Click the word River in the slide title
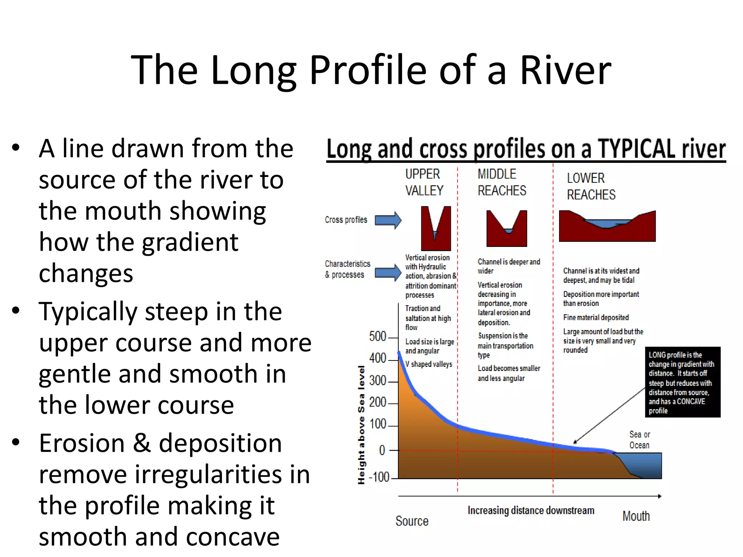[x=565, y=70]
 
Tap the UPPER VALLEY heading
[x=424, y=182]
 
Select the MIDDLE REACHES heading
[x=501, y=182]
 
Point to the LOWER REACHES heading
[x=591, y=186]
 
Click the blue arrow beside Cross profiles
[x=388, y=220]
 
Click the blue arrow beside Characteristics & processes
[x=388, y=272]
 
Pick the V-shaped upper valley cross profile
[x=436, y=228]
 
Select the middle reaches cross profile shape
[x=506, y=228]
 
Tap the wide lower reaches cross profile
[x=607, y=226]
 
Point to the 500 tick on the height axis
[x=378, y=337]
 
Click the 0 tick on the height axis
[x=382, y=450]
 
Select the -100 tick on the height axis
[x=379, y=477]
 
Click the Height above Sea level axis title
[x=361, y=425]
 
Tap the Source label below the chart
[x=412, y=521]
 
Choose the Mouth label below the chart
[x=636, y=516]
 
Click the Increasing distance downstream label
[x=530, y=511]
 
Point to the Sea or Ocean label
[x=639, y=440]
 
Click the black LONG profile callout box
[x=682, y=382]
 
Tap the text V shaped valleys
[x=428, y=364]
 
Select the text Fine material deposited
[x=596, y=317]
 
